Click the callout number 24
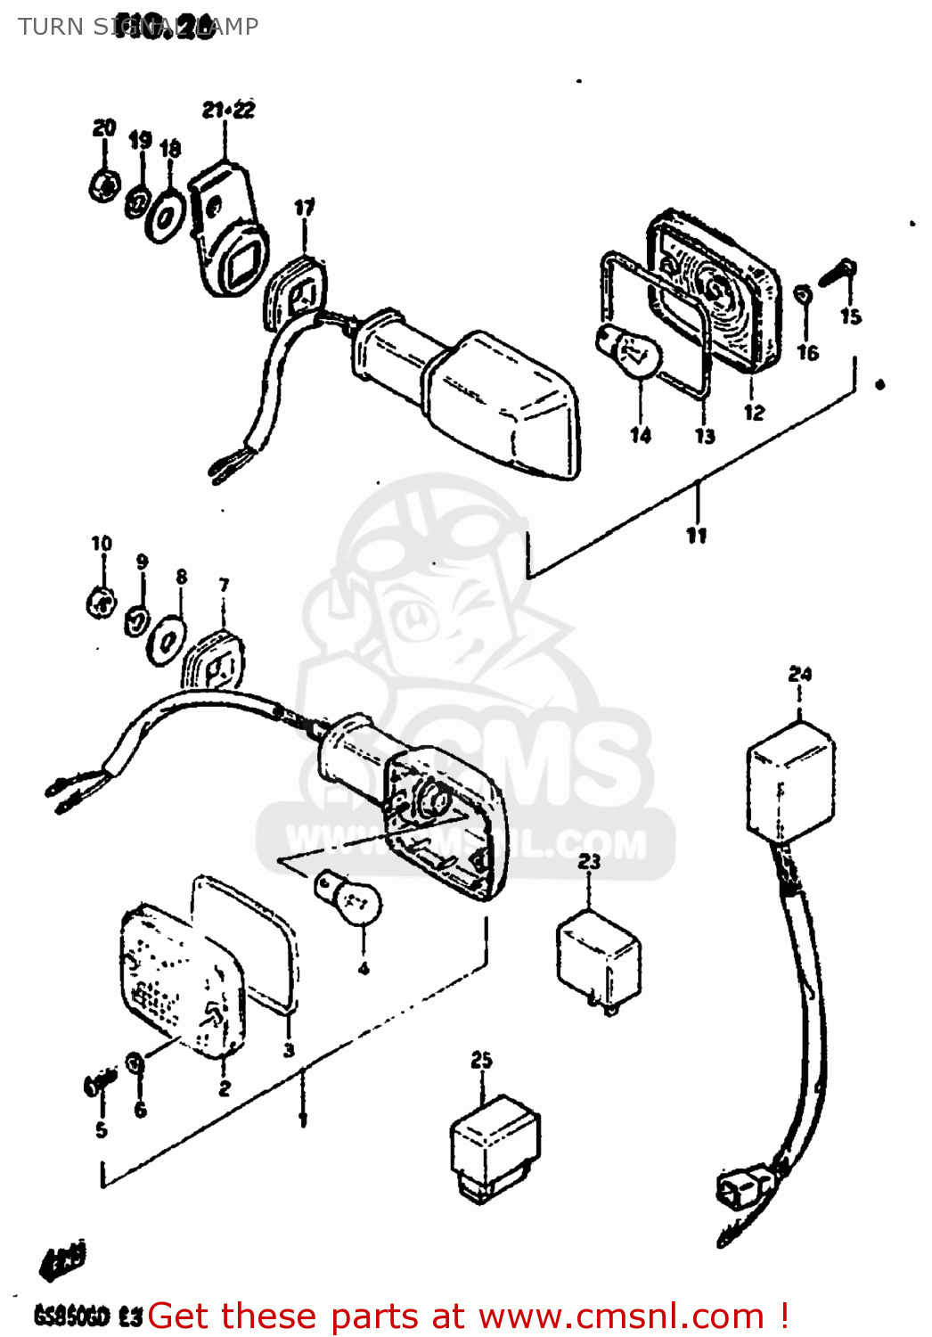click(x=799, y=674)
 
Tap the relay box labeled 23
click(x=598, y=958)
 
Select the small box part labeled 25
click(x=494, y=1146)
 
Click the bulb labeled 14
click(x=631, y=353)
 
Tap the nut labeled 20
click(x=104, y=185)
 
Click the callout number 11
click(x=696, y=535)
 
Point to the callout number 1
click(x=303, y=1119)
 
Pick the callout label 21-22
click(x=228, y=110)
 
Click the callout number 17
click(x=304, y=208)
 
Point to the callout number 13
click(x=705, y=436)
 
